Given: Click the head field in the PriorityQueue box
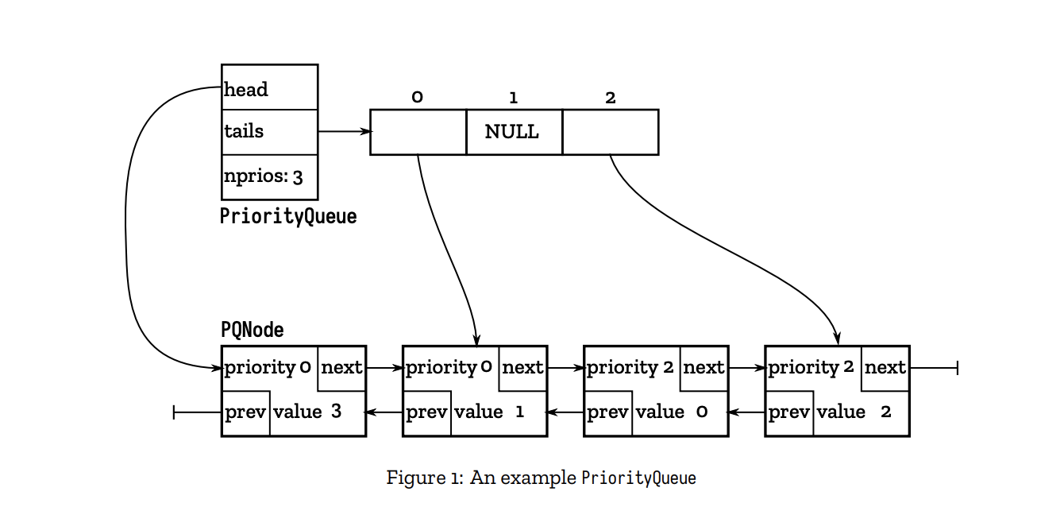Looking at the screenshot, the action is (269, 87).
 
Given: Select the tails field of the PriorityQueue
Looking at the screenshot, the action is (269, 132).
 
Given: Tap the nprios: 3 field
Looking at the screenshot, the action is (269, 176).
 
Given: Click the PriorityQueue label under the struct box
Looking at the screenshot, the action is (288, 217).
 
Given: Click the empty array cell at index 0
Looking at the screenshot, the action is (418, 132).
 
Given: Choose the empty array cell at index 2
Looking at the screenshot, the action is (611, 132).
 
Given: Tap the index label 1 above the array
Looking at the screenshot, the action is (514, 98).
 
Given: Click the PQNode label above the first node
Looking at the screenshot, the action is (253, 330).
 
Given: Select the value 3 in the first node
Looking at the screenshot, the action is (337, 412).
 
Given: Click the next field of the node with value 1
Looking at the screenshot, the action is (523, 368).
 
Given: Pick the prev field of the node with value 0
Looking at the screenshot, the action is (608, 413).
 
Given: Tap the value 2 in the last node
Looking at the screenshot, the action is (886, 412).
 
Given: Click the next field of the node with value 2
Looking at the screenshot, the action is (885, 368).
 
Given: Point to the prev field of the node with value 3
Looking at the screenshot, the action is (245, 413).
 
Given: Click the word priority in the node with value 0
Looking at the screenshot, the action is (623, 368).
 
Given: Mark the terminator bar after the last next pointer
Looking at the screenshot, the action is (957, 368).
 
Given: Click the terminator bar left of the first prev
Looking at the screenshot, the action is (174, 412).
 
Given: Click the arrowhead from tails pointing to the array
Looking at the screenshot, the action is (366, 132).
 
